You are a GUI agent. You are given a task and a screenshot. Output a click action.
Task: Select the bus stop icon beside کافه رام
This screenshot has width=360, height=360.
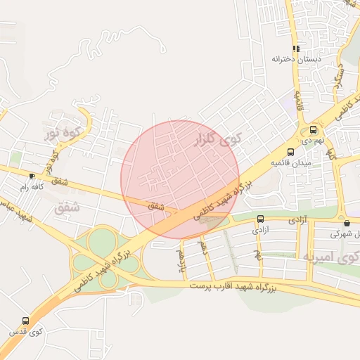pyautogui.click(x=32, y=176)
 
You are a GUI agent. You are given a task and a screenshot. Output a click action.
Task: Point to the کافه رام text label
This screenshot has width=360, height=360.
pyautogui.click(x=32, y=187)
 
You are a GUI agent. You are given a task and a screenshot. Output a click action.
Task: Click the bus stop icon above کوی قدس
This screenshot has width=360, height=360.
pyautogui.click(x=26, y=321)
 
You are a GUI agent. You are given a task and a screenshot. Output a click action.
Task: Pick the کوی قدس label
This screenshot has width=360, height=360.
pyautogui.click(x=26, y=331)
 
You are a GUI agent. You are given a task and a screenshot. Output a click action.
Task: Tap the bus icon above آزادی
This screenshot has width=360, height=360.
pyautogui.click(x=261, y=219)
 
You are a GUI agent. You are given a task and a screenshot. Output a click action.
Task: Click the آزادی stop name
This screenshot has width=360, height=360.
pyautogui.click(x=260, y=229)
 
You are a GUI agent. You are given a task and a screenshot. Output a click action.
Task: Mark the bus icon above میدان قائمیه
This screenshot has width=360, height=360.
pyautogui.click(x=290, y=152)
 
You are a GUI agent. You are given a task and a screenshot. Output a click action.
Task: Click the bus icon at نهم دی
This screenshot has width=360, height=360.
pyautogui.click(x=313, y=130)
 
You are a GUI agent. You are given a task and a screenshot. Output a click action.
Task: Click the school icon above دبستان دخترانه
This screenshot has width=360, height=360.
pyautogui.click(x=296, y=49)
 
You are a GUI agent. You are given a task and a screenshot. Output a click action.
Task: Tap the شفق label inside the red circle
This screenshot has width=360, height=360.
pyautogui.click(x=156, y=206)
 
